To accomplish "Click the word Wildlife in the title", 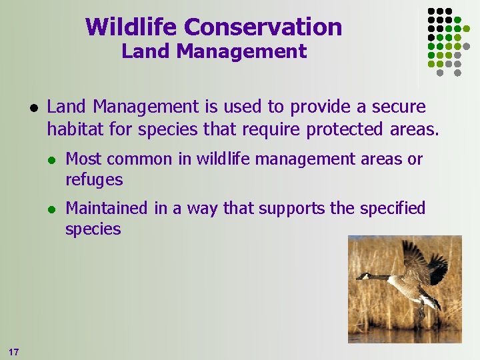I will [132, 27].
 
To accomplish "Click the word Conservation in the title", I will [263, 27].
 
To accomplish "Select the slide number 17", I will [14, 351].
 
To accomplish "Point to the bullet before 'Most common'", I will [50, 159].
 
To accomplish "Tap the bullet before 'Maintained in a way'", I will [50, 209].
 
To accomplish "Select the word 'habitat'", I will [75, 129].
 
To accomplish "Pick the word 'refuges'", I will [94, 179].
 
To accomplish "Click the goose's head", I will [362, 275].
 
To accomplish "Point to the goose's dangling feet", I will [421, 311].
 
